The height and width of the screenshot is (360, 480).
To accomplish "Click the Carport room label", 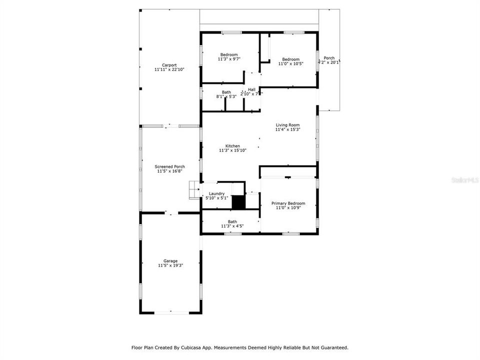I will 169,65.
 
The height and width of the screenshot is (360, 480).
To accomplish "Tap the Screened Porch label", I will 169,166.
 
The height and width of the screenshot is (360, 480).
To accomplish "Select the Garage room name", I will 170,260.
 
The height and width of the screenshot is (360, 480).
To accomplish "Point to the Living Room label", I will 287,125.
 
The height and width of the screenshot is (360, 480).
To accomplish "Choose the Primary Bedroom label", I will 288,203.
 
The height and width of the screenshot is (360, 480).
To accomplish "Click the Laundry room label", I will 216,193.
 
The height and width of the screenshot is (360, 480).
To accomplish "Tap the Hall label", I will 251,89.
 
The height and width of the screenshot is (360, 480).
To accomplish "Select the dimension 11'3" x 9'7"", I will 229,59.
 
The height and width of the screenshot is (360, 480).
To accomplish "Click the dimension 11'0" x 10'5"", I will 290,63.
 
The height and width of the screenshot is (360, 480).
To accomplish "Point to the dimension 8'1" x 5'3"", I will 226,96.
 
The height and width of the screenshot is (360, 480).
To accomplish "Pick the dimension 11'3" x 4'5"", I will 232,226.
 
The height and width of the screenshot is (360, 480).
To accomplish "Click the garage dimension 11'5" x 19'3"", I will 170,265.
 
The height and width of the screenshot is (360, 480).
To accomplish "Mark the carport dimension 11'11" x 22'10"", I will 169,69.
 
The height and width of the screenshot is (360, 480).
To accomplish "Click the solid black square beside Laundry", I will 239,202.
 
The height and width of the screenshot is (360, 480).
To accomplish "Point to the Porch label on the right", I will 329,58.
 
